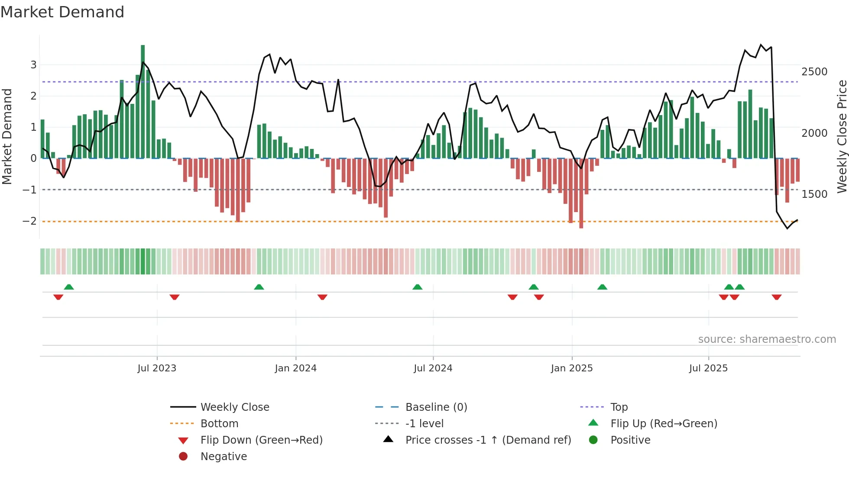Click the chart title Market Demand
(x=62, y=12)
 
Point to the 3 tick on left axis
(x=33, y=65)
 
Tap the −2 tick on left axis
(x=30, y=221)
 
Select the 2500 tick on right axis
(x=814, y=72)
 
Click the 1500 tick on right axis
(x=814, y=194)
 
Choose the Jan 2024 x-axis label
(x=296, y=368)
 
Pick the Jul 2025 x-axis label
(x=709, y=368)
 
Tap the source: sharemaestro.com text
(x=767, y=339)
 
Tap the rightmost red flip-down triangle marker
(x=777, y=297)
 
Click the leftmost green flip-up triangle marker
(x=69, y=287)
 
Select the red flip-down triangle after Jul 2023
(x=175, y=297)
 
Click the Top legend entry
(x=619, y=407)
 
